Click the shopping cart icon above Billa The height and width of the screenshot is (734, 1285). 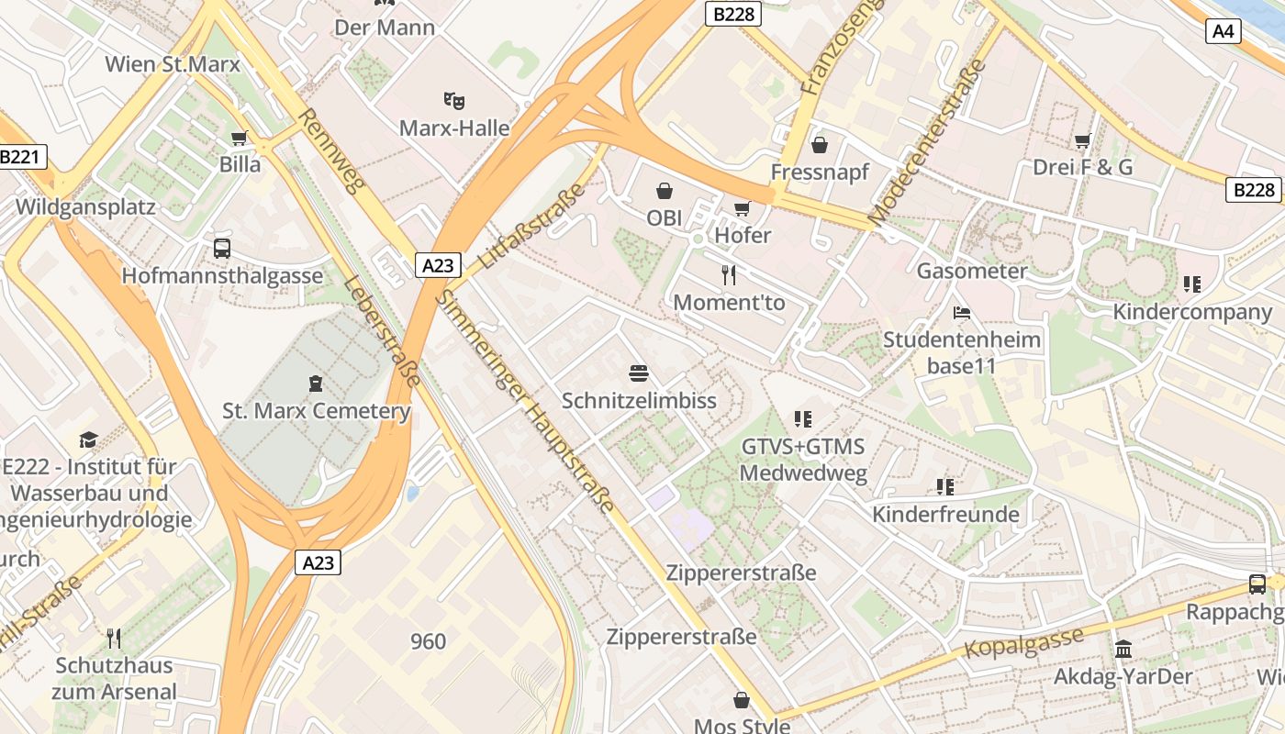[x=240, y=138]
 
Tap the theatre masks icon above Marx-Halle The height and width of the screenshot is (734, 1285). [x=453, y=99]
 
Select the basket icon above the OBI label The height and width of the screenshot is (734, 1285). [x=664, y=191]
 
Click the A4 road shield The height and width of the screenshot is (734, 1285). [x=1224, y=31]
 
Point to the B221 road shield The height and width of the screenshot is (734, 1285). [x=20, y=157]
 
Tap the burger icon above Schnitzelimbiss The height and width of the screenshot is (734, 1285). [x=639, y=373]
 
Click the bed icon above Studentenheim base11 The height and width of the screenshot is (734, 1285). [x=962, y=313]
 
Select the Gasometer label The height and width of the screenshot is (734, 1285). [x=971, y=271]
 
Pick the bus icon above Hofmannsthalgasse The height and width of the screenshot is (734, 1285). [x=222, y=248]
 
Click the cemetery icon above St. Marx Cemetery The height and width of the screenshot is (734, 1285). [x=316, y=383]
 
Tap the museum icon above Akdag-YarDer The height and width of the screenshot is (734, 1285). [x=1123, y=650]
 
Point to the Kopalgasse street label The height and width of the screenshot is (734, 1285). [x=1023, y=642]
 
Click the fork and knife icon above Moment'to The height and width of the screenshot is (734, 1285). [x=729, y=274]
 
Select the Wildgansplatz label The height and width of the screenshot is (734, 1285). [x=85, y=206]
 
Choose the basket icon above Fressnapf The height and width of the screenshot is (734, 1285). [x=819, y=145]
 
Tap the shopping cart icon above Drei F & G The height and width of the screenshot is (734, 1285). [x=1082, y=140]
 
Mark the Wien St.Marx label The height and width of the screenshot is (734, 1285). [x=173, y=64]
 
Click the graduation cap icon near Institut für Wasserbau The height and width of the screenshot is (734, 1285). [x=88, y=439]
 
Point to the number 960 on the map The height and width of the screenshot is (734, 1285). [x=428, y=641]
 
